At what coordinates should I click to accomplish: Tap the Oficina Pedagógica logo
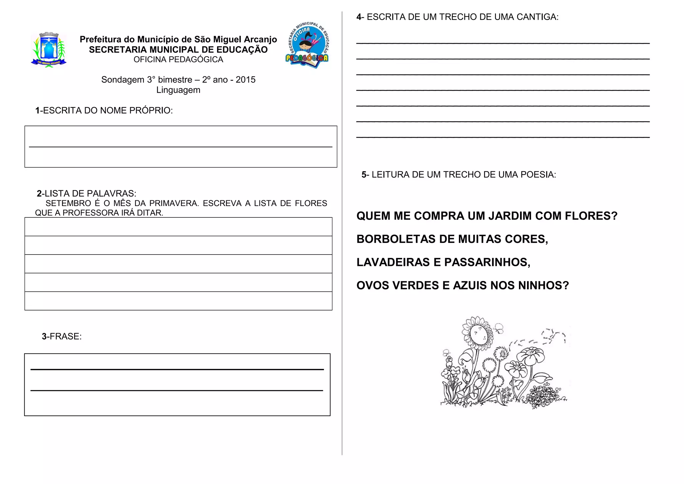tap(307, 45)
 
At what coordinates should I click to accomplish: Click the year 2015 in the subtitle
tap(245, 80)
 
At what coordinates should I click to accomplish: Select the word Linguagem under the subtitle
tap(178, 90)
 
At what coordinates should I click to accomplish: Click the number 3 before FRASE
tap(44, 336)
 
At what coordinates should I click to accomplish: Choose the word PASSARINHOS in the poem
tap(487, 262)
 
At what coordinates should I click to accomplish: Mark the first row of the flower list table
tap(178, 227)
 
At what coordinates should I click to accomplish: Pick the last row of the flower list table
tap(178, 301)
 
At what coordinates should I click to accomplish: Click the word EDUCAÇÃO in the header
tap(237, 50)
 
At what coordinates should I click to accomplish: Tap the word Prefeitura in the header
tap(101, 39)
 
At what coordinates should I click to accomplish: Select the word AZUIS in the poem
tap(470, 286)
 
